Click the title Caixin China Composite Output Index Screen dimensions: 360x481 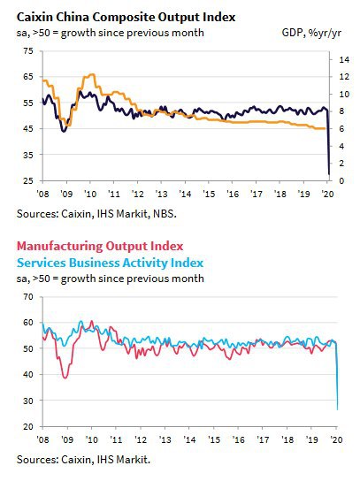pos(126,17)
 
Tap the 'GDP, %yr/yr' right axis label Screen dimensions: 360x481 pos(311,33)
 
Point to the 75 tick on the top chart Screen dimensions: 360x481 pos(28,50)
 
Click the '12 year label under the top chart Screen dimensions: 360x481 pos(137,194)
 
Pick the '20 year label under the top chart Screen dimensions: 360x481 pos(327,194)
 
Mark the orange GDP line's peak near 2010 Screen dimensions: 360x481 pos(92,74)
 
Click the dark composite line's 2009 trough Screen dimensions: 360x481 pos(64,131)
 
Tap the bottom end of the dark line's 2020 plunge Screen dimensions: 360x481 pos(329,174)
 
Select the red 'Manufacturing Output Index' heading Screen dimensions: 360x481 pos(100,246)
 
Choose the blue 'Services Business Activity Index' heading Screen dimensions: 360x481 pos(110,263)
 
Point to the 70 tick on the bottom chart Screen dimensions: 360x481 pos(28,296)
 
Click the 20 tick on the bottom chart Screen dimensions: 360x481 pos(28,426)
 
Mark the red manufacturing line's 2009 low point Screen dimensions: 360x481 pos(65,378)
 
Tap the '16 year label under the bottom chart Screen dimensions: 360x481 pos(239,439)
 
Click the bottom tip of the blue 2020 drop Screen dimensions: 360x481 pos(337,409)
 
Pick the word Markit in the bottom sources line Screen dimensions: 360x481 pos(134,460)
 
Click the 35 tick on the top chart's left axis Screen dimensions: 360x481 pos(28,155)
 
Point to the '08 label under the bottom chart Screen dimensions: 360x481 pos(42,439)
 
